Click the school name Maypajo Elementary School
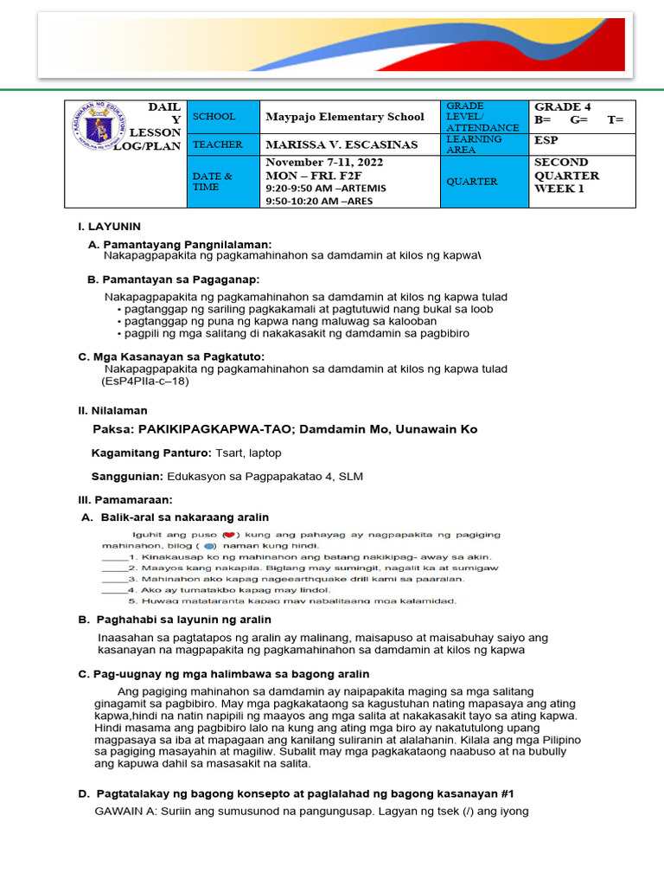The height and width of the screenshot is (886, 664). (x=344, y=117)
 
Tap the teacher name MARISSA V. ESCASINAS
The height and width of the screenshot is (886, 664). (x=341, y=144)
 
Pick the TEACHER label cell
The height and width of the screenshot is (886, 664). (x=218, y=144)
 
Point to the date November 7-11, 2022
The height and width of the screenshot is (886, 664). (x=324, y=163)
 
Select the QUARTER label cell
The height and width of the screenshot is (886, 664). (x=471, y=182)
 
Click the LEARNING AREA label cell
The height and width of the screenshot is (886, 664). (x=473, y=144)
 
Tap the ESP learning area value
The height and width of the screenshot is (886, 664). (x=546, y=138)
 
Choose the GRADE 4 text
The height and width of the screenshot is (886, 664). (x=563, y=106)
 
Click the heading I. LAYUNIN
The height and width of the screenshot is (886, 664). (x=109, y=227)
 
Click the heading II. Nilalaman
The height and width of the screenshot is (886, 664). (x=112, y=410)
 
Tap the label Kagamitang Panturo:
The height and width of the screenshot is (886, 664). (x=151, y=453)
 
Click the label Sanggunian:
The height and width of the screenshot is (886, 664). (x=127, y=477)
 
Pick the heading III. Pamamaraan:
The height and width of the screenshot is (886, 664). (x=125, y=500)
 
